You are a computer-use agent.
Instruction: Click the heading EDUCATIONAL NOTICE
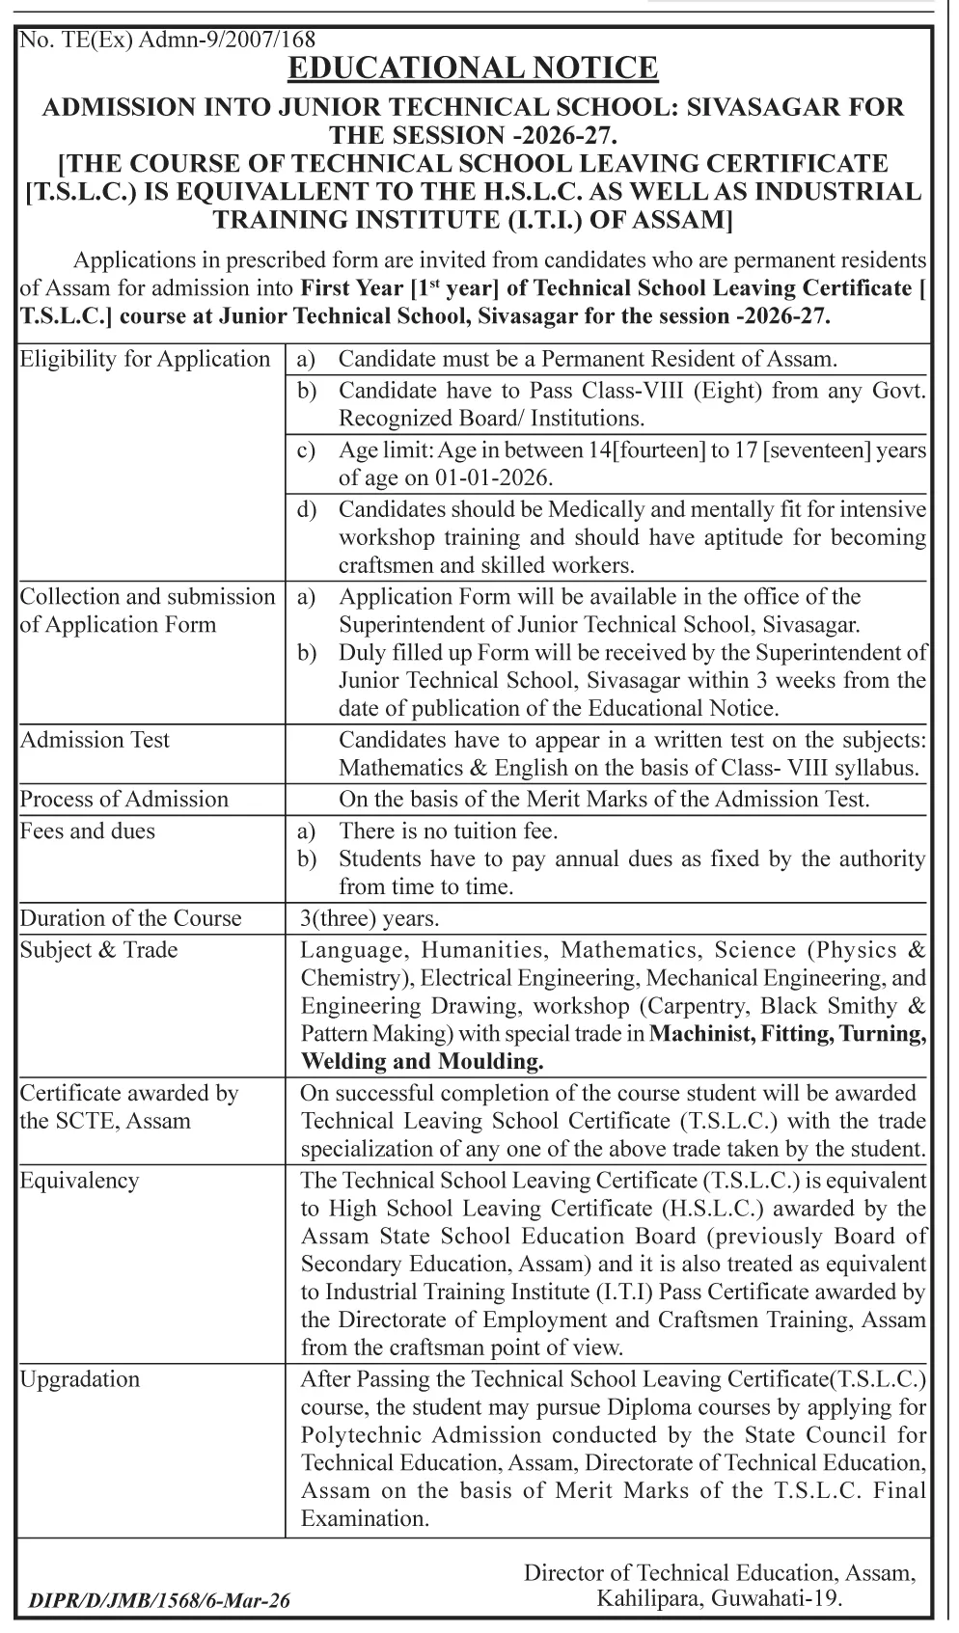473,68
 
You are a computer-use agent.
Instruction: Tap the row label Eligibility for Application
146,360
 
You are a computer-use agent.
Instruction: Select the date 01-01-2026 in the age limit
498,477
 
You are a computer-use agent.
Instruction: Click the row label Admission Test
95,740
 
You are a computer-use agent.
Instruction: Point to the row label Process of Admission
124,799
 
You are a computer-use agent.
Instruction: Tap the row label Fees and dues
88,830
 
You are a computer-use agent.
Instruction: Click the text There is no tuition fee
449,830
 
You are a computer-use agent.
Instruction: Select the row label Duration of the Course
131,917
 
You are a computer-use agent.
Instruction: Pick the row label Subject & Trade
99,949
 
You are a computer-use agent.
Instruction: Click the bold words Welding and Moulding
423,1062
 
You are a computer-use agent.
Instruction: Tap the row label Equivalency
80,1180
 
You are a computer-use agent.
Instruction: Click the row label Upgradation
80,1378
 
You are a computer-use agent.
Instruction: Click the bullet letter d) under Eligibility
306,509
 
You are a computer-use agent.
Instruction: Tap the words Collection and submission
148,596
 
